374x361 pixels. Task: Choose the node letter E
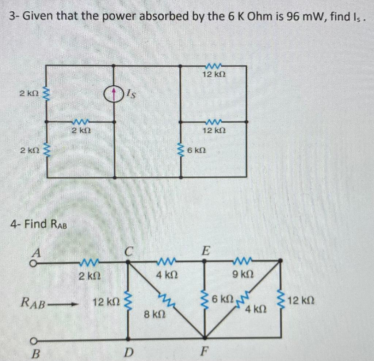pos(206,251)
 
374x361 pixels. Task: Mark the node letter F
pos(205,353)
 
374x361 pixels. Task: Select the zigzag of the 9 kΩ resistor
pos(241,260)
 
